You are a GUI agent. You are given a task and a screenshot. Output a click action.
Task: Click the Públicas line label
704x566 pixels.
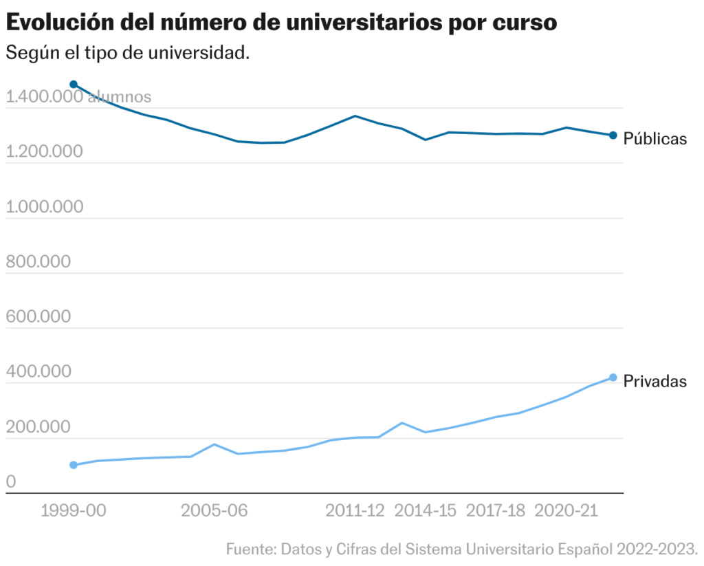click(x=654, y=139)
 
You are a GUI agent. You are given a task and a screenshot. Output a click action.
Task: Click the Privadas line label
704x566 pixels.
click(x=654, y=382)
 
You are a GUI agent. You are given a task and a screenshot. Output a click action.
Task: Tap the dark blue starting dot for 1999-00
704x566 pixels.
click(x=74, y=85)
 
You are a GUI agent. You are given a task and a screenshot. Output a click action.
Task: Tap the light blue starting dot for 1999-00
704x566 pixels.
click(x=74, y=465)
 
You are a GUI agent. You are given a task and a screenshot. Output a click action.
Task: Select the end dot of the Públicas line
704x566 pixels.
click(x=613, y=135)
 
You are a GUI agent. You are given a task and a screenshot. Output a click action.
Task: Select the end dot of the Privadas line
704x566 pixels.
click(x=613, y=378)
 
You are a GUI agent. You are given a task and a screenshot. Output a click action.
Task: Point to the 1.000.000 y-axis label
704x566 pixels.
click(x=44, y=207)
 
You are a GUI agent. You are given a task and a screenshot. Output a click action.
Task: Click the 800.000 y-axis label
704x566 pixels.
click(x=38, y=262)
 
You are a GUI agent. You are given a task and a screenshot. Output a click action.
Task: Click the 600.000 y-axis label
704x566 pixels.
click(x=38, y=317)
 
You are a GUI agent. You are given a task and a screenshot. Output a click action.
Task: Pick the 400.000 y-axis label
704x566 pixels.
click(x=38, y=372)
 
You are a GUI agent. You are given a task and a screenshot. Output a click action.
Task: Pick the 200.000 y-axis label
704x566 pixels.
click(x=38, y=427)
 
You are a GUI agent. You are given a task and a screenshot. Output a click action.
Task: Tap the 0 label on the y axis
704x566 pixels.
click(x=11, y=482)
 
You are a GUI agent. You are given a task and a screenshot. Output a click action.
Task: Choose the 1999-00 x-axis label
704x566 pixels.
click(x=74, y=511)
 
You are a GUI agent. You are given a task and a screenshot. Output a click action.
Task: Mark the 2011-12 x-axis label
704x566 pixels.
click(x=355, y=511)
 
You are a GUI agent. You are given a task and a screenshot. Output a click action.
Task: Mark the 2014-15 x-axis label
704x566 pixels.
click(x=426, y=511)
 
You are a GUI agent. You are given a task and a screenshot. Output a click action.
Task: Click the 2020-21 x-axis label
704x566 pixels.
click(x=566, y=511)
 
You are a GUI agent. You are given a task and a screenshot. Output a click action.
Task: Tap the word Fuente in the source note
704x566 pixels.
click(x=248, y=549)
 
